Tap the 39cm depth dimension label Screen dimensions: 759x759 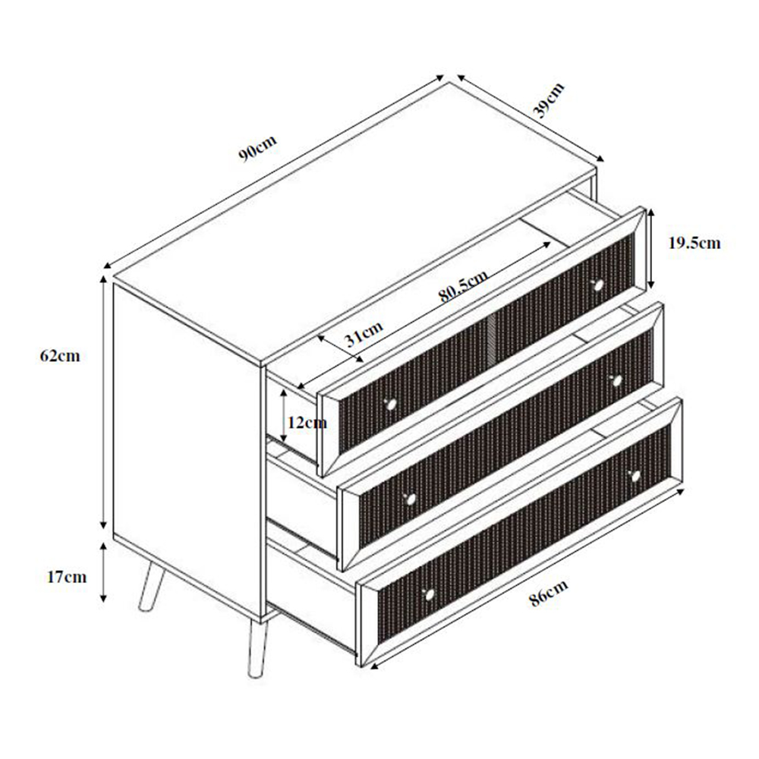[x=549, y=101]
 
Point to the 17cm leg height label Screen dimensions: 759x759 [x=67, y=577]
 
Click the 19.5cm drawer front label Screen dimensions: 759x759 [x=694, y=244]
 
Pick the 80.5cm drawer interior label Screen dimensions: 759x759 [x=463, y=286]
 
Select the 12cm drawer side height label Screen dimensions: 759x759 [x=307, y=423]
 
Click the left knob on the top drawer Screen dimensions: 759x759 [x=392, y=405]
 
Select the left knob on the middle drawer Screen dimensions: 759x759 [x=411, y=498]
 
